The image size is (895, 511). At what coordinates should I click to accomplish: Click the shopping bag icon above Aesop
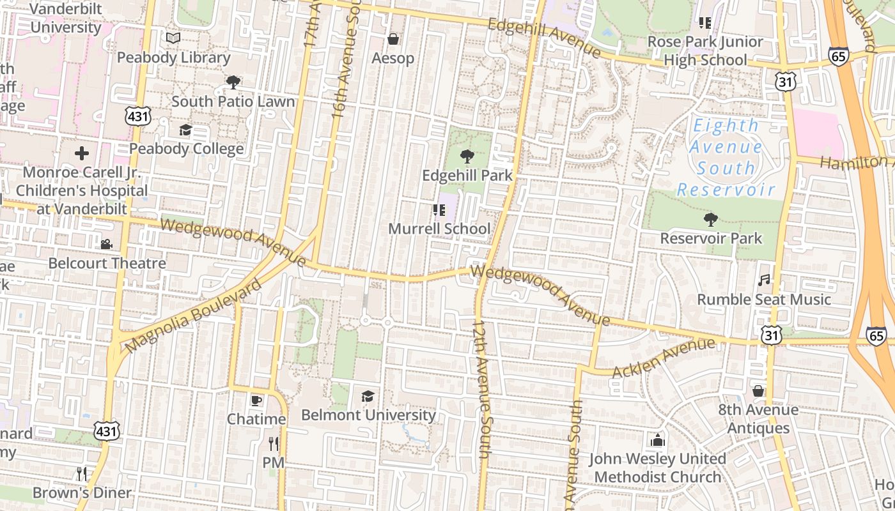point(393,40)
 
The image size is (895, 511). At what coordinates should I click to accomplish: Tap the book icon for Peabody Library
point(173,38)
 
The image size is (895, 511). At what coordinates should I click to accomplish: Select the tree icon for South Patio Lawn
point(233,82)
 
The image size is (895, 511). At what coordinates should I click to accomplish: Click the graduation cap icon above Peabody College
point(185,130)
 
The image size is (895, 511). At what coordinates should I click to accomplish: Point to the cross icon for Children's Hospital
point(82,153)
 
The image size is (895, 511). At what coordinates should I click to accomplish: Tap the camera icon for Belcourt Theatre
point(106,244)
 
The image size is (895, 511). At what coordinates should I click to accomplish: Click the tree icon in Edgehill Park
point(467,156)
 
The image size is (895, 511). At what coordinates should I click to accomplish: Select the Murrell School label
point(440,229)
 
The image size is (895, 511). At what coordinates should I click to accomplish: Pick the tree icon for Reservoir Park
point(710,220)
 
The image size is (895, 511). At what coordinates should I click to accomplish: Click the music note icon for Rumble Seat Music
point(764,280)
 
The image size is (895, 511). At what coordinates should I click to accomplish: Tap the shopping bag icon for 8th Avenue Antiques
point(758,390)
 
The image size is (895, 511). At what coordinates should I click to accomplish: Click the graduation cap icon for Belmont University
point(368,396)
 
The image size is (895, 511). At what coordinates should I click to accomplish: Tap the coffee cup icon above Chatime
point(256,400)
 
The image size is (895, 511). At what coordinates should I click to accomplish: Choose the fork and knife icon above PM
point(274,443)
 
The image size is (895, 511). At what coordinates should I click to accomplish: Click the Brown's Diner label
point(82,492)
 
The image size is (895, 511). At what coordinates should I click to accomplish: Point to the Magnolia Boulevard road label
point(193,316)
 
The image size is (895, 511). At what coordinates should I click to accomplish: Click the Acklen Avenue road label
point(663,358)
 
